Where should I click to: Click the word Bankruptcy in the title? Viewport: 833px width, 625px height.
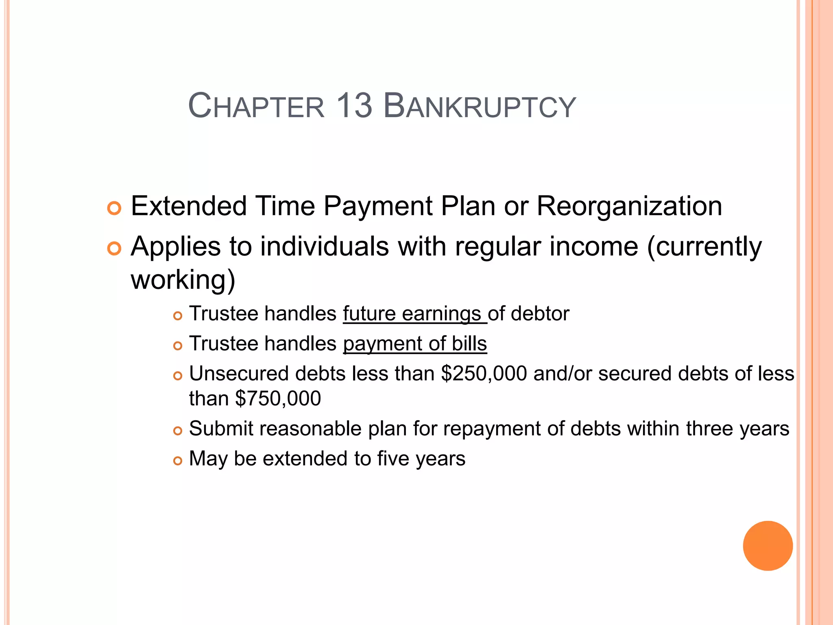point(480,106)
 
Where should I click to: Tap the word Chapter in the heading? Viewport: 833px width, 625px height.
point(256,106)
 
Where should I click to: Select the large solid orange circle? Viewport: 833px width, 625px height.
point(768,546)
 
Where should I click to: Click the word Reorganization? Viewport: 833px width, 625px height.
point(629,206)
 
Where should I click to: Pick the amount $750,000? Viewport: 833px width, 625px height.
point(278,398)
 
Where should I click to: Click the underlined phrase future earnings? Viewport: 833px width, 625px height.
point(412,314)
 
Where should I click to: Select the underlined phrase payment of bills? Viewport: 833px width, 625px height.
point(415,344)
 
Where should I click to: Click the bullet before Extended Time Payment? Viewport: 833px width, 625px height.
point(114,208)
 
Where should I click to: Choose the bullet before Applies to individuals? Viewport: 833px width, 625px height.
point(114,248)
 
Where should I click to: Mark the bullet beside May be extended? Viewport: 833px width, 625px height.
point(178,461)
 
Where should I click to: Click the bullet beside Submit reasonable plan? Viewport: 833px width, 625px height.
point(178,431)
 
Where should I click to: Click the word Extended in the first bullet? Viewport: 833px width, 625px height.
point(189,206)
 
